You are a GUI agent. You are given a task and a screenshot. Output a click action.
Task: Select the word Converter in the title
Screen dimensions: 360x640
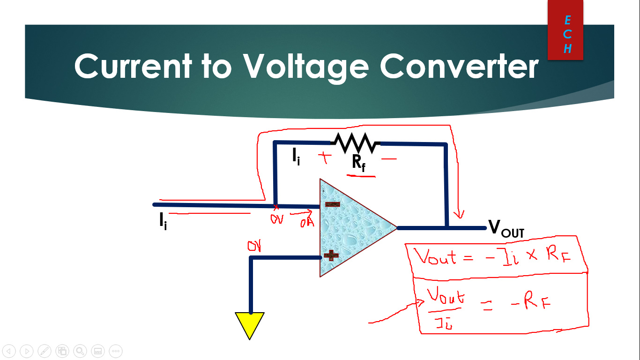pos(459,66)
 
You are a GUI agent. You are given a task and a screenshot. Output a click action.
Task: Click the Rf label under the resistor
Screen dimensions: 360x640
pos(359,163)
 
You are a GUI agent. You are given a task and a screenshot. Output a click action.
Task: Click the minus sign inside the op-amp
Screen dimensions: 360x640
pos(333,204)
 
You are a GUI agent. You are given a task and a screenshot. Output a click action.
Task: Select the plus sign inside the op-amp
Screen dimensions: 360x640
pos(331,255)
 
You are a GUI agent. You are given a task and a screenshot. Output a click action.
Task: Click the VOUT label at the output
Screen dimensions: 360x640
pos(506,228)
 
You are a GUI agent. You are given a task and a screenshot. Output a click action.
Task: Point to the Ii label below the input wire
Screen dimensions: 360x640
pos(163,222)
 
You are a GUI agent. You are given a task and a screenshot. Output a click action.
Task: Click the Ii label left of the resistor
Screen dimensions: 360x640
pos(296,157)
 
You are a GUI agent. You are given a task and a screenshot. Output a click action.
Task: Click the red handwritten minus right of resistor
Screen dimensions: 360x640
pos(388,159)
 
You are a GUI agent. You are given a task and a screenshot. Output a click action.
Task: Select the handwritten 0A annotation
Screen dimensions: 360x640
pos(307,222)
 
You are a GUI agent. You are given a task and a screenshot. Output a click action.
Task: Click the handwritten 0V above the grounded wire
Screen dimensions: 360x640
pos(254,246)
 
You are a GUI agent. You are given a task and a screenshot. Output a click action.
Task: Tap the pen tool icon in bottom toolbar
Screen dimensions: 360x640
pos(45,351)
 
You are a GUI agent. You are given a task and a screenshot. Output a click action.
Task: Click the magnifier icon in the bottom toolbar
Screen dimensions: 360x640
pos(80,351)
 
